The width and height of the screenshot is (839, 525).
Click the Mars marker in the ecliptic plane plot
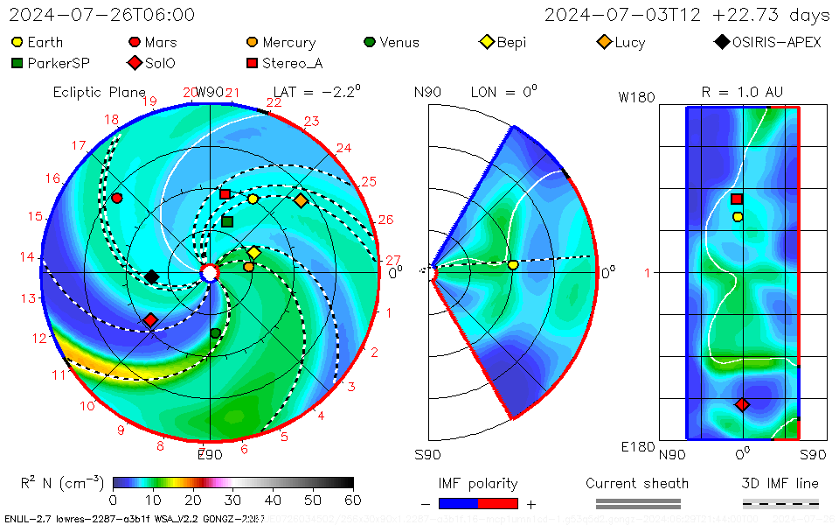[116, 198]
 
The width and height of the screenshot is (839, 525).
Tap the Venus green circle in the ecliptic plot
[215, 333]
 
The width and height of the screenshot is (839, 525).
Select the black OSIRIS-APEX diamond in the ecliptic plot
[151, 276]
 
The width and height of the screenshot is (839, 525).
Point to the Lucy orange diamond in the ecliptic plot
[301, 200]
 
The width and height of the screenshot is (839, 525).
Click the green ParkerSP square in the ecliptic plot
[227, 221]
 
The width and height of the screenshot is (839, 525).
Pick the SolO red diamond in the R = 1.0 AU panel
[742, 404]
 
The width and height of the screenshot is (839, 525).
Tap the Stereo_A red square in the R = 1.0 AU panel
[737, 199]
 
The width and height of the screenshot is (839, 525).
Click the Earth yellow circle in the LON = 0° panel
[513, 265]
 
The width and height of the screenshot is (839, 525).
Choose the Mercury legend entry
[281, 42]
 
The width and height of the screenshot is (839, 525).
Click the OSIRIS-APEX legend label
[776, 42]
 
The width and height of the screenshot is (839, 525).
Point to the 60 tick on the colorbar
[353, 500]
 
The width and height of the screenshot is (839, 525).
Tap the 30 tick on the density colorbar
[232, 500]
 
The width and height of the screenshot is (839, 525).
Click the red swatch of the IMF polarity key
[498, 503]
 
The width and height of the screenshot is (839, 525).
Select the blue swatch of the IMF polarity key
[458, 503]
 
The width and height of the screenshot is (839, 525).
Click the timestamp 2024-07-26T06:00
[102, 16]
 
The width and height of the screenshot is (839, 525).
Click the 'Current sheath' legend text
[637, 483]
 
